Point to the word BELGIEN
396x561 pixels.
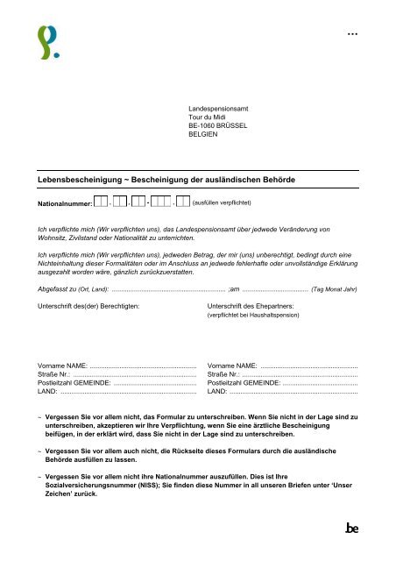pos(202,136)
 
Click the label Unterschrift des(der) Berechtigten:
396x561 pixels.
pos(88,281)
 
